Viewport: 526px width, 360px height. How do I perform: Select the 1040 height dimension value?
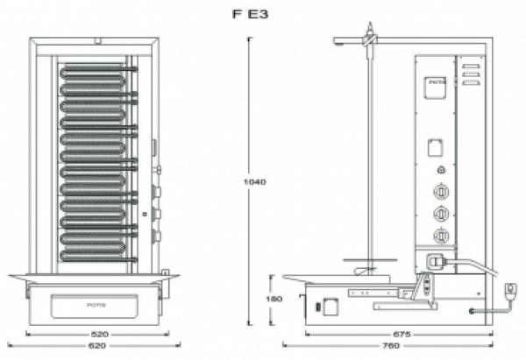pyautogui.click(x=255, y=182)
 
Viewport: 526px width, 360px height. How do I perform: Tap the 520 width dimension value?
pyautogui.click(x=99, y=335)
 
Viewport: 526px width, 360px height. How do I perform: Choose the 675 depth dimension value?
pyautogui.click(x=402, y=335)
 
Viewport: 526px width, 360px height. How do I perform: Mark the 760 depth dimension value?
pyautogui.click(x=402, y=347)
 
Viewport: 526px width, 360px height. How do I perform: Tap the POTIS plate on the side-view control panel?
pyautogui.click(x=436, y=86)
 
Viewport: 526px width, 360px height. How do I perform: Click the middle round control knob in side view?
pyautogui.click(x=441, y=213)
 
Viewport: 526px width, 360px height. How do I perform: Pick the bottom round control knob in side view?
pyautogui.click(x=441, y=235)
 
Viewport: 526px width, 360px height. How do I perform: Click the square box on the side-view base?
pyautogui.click(x=330, y=307)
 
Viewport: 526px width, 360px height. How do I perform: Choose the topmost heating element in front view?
pyautogui.click(x=96, y=68)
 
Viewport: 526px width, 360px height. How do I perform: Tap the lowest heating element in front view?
pyautogui.click(x=96, y=251)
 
